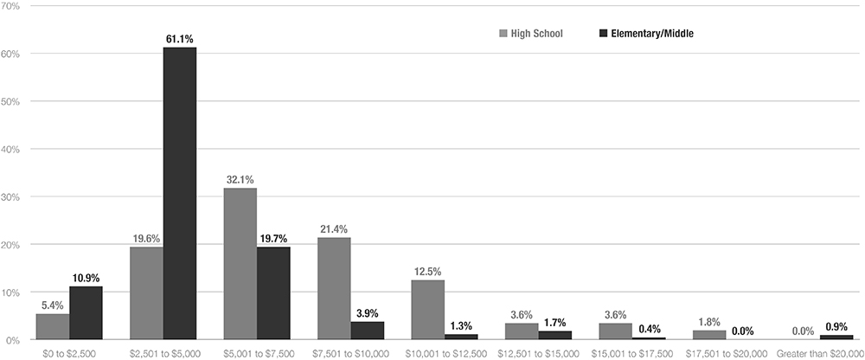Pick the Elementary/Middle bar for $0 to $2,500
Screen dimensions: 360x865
(x=86, y=312)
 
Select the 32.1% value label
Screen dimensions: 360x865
(x=240, y=180)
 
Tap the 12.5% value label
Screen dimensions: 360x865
(x=427, y=272)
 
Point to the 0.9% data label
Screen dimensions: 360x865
(x=836, y=326)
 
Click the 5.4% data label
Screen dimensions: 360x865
(x=52, y=305)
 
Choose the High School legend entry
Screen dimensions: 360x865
(x=531, y=34)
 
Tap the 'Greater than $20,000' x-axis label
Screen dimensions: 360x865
(x=819, y=353)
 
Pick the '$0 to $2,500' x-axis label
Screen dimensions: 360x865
(x=68, y=353)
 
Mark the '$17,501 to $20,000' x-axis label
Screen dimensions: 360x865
(x=725, y=353)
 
